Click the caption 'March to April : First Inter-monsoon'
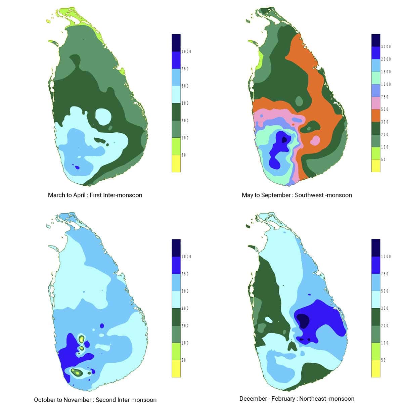coord(95,195)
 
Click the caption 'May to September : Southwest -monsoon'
coord(297,195)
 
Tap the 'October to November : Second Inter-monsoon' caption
coord(95,400)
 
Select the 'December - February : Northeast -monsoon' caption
coord(297,399)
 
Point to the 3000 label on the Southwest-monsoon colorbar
coord(386,47)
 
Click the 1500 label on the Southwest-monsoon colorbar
coord(386,72)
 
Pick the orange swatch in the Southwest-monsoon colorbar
coord(375,116)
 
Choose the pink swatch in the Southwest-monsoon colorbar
coord(375,103)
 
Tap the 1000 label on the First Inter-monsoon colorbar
coord(186,52)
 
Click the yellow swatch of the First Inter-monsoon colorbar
coord(176,164)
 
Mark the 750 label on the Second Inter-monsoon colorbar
coord(185,274)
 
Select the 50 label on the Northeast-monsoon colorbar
coord(383,360)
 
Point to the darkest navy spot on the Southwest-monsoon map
coord(284,139)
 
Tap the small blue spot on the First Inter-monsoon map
coord(77,167)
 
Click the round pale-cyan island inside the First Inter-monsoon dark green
coord(103,117)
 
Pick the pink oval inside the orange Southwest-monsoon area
coord(315,140)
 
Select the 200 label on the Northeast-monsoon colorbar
coord(385,326)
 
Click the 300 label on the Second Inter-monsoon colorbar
coord(185,308)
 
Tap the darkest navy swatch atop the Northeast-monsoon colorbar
coord(375,248)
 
